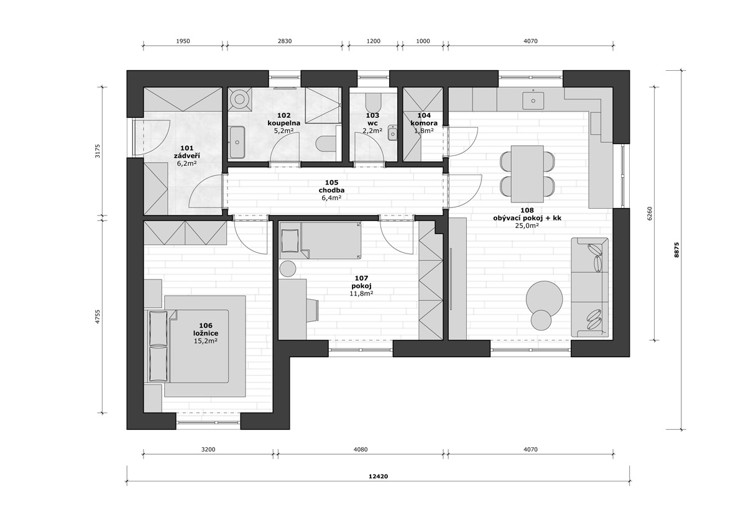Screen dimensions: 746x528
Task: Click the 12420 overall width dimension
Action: pos(378,476)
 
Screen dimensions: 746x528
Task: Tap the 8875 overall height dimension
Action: pos(676,250)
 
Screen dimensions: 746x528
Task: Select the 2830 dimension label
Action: pos(285,41)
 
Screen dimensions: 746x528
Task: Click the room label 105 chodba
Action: pos(331,186)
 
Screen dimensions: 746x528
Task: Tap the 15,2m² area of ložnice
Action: pos(206,340)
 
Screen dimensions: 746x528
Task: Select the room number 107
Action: pos(361,278)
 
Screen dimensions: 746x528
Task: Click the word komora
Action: pos(424,123)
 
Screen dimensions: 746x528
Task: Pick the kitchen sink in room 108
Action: pos(533,101)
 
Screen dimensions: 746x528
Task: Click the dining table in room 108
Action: pos(528,174)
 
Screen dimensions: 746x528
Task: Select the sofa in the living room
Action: pos(590,288)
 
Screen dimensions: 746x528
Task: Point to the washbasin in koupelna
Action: pos(237,142)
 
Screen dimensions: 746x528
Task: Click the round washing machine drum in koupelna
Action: pos(239,99)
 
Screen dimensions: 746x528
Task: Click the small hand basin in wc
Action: pos(393,134)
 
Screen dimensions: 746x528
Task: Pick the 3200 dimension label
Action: pos(208,450)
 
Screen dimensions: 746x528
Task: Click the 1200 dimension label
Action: pos(374,41)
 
